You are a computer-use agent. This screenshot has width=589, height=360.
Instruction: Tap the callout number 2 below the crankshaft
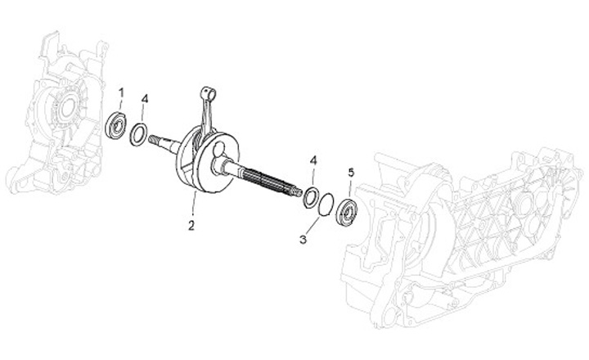191,224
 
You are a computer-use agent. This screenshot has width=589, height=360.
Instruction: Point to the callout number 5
351,173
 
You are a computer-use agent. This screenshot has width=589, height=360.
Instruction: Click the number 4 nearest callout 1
144,99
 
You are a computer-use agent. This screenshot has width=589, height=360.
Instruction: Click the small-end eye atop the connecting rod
205,89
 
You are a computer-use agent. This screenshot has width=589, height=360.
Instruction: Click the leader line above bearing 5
350,188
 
